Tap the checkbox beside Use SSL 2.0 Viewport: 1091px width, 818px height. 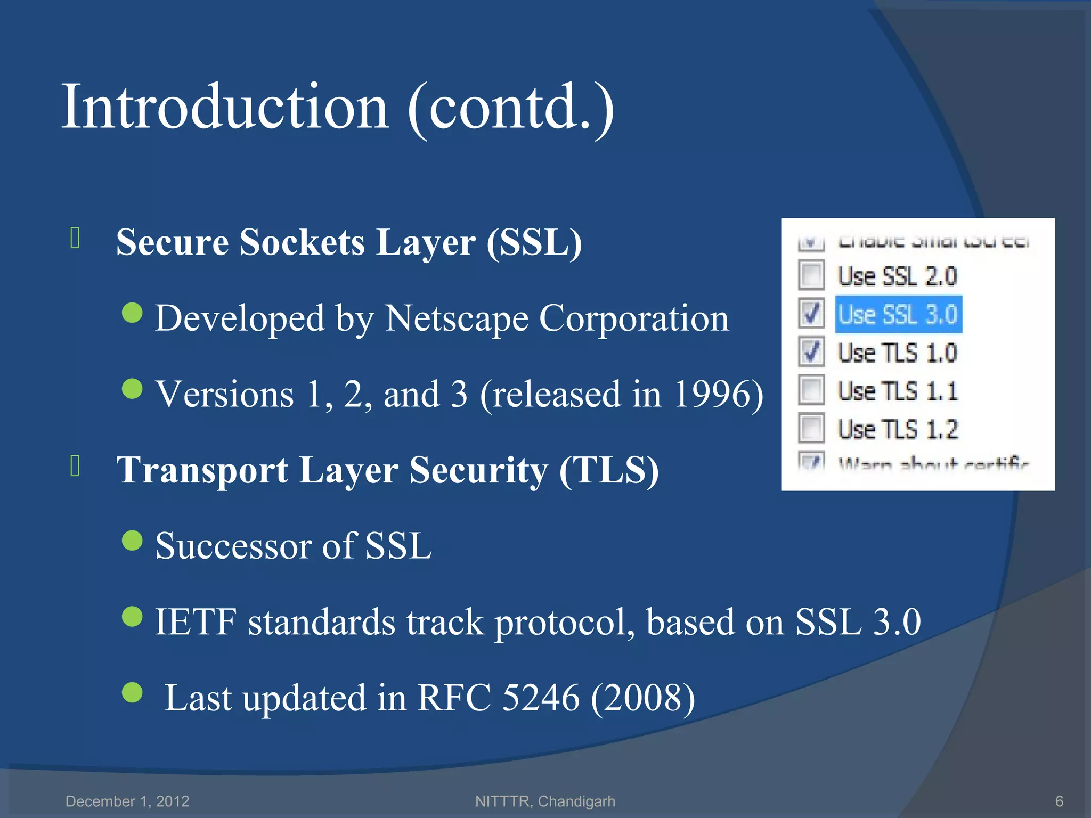pyautogui.click(x=811, y=275)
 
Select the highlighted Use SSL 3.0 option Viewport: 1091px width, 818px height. pyautogui.click(x=898, y=314)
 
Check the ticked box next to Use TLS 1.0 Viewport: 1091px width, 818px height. pyautogui.click(x=811, y=352)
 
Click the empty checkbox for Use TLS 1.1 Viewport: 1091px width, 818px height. pyautogui.click(x=811, y=390)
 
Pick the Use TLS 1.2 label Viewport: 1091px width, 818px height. pyautogui.click(x=898, y=429)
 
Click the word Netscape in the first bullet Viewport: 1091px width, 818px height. pyautogui.click(x=456, y=318)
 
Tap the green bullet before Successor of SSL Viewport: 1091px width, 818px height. pyautogui.click(x=132, y=541)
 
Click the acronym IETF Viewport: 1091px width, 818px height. pyautogui.click(x=196, y=622)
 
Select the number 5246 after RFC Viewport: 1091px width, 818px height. pyautogui.click(x=540, y=698)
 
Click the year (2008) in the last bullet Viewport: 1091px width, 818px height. pyautogui.click(x=642, y=698)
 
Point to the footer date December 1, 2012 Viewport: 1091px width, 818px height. pyautogui.click(x=127, y=801)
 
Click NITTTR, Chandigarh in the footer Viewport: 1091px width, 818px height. pyautogui.click(x=545, y=801)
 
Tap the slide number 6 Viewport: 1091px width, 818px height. pyautogui.click(x=1059, y=801)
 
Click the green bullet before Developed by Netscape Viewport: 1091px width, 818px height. pyautogui.click(x=132, y=313)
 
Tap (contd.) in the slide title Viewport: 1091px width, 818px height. pyautogui.click(x=510, y=109)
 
